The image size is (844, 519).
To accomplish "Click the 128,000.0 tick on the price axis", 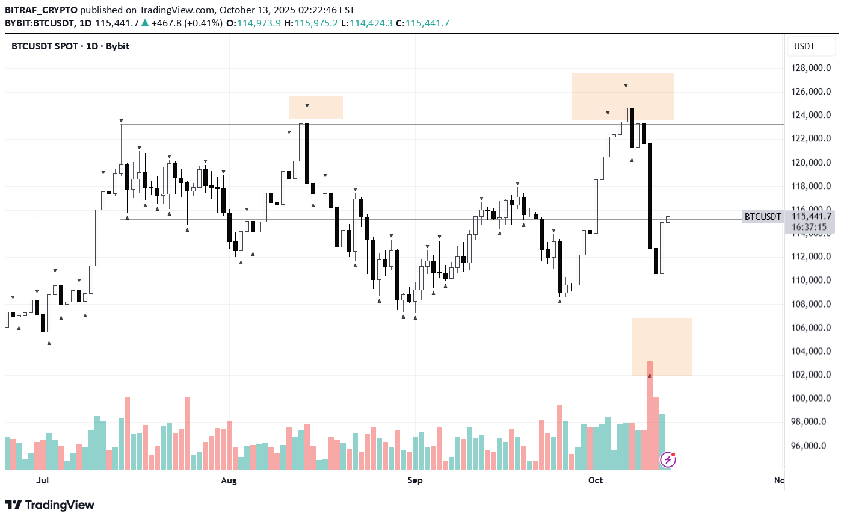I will coord(811,68).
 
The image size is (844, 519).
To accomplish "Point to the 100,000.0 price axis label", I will coord(811,398).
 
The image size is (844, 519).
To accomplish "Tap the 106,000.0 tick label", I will coord(811,328).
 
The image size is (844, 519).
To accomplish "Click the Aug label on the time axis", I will coord(229,480).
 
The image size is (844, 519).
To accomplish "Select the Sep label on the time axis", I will coord(415,480).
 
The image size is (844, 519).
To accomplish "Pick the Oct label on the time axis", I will coord(596,480).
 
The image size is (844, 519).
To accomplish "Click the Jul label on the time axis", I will coord(42,480).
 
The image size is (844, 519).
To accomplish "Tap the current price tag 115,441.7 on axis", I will coord(811,216).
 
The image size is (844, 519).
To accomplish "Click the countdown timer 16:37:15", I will coord(810,227).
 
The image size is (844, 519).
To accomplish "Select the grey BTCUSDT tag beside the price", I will coord(763,217).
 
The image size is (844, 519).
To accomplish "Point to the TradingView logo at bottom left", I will coord(49,505).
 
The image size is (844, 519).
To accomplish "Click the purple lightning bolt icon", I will coord(668,460).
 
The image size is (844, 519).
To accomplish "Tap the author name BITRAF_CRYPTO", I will coord(41,10).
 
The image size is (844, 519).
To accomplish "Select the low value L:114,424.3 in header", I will coord(367,23).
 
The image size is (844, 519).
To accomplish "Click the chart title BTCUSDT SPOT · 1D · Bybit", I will coord(70,46).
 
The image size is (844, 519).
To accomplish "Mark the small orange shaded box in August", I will coord(316,107).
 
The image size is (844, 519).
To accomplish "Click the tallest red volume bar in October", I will coord(650,415).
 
